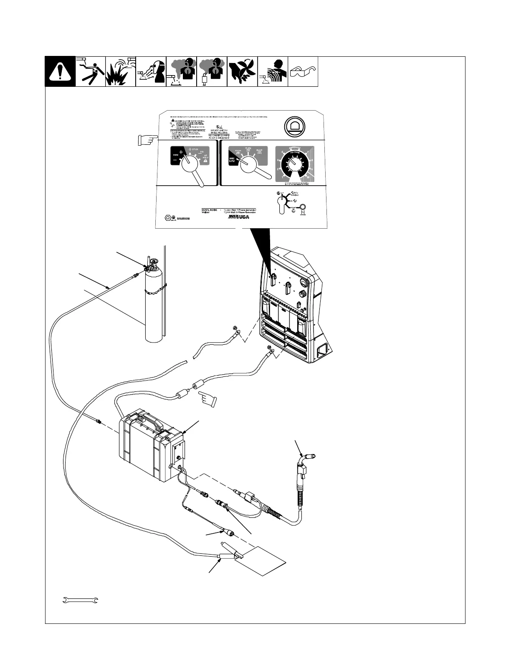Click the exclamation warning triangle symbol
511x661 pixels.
coord(60,72)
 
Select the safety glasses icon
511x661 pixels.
coord(304,72)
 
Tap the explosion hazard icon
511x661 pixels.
coord(121,72)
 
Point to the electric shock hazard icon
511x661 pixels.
coord(90,72)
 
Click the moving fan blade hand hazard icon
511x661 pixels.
coord(242,72)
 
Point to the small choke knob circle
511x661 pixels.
coord(303,207)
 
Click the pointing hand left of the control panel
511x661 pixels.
coord(147,140)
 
